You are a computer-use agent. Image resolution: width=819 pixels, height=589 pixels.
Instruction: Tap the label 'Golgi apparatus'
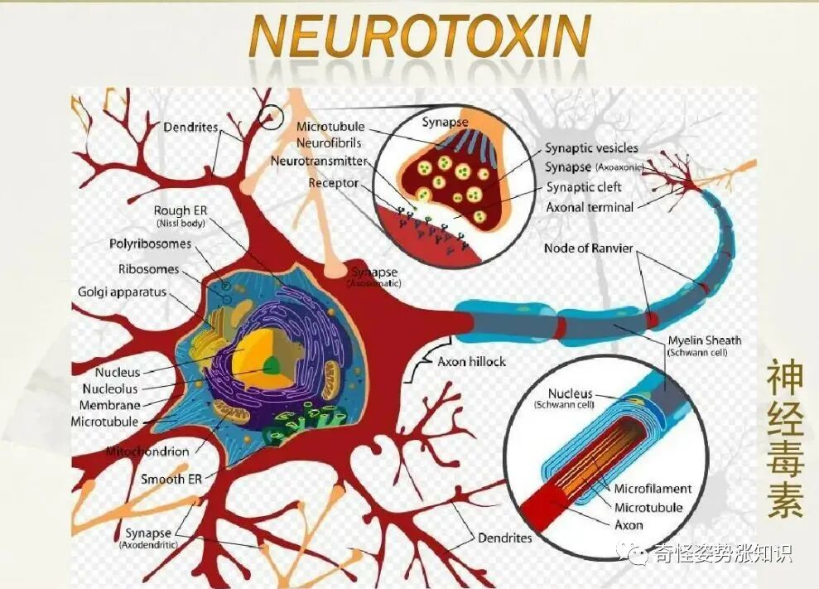(123, 292)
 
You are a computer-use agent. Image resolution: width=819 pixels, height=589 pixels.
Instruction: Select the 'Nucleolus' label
(110, 389)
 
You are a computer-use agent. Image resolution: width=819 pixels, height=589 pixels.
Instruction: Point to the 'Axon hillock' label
(471, 362)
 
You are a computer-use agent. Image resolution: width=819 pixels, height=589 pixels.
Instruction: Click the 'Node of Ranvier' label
(589, 249)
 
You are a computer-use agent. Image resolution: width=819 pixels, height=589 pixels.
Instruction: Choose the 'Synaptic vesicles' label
(591, 147)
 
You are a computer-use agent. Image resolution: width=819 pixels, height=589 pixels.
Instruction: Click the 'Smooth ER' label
(171, 479)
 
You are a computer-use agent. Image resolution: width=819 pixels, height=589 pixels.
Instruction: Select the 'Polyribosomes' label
(150, 244)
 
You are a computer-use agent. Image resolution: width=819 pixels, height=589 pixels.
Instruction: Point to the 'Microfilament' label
(653, 489)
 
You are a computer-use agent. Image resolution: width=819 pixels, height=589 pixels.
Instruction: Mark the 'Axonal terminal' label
(590, 207)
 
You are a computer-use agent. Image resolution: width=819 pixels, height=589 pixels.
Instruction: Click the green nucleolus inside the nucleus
(271, 365)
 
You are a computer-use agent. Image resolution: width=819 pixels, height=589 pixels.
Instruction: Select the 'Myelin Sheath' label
(704, 340)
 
